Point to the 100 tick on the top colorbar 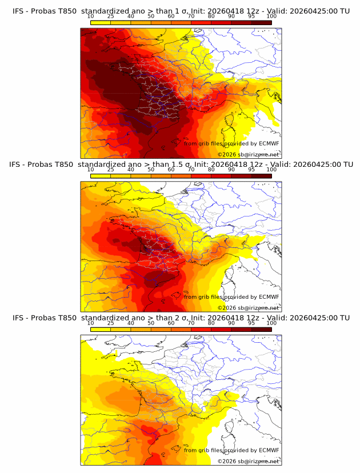[x=271, y=16]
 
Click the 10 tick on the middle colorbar [x=91, y=170]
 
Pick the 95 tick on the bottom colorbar [x=252, y=323]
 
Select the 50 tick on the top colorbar [x=151, y=16]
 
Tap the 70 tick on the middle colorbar [x=191, y=170]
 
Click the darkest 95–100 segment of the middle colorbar [x=262, y=176]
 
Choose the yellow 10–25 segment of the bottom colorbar [x=101, y=330]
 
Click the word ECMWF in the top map [x=269, y=143]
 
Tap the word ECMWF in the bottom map [x=269, y=450]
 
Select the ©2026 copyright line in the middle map [x=248, y=308]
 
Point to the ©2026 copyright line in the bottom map [x=248, y=461]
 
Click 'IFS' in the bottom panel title [x=19, y=318]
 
